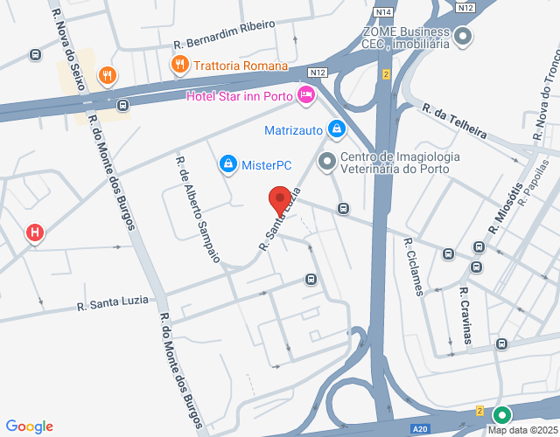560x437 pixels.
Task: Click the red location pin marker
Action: click(x=279, y=200)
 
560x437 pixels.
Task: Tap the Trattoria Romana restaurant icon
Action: click(x=178, y=64)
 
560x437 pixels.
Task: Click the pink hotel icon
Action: click(x=305, y=94)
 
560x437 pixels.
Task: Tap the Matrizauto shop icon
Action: click(x=334, y=129)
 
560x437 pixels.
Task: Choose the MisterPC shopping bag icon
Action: click(x=227, y=163)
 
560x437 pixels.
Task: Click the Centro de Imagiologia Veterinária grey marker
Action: click(x=326, y=161)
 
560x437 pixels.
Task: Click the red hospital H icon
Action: click(x=34, y=232)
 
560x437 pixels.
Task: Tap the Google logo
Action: click(x=29, y=427)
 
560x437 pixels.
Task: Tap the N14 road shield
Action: click(x=381, y=11)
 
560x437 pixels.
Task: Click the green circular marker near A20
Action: click(x=501, y=415)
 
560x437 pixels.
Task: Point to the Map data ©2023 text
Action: click(x=522, y=429)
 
